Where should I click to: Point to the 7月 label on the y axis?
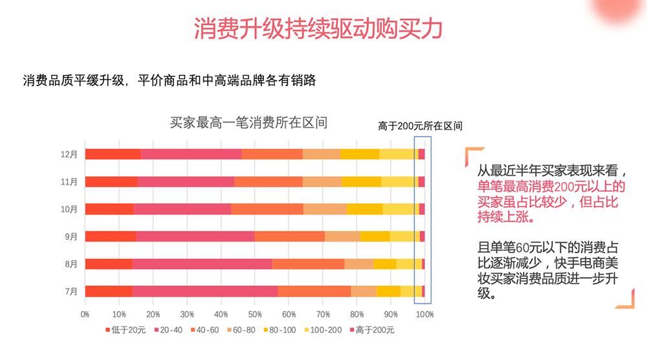tap(71, 291)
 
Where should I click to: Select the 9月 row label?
tap(71, 236)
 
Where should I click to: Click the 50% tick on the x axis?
tap(254, 314)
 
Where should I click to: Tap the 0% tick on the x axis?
tap(85, 314)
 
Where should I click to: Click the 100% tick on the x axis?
tap(424, 314)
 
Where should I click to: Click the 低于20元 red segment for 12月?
tap(113, 154)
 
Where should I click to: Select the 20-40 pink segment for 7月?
tap(204, 291)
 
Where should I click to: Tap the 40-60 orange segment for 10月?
tap(267, 209)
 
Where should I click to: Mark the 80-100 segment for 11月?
tap(360, 182)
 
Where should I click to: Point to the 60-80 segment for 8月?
tap(358, 264)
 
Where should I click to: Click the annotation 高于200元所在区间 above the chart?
tap(420, 126)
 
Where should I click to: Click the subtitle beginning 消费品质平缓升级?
tap(169, 81)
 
